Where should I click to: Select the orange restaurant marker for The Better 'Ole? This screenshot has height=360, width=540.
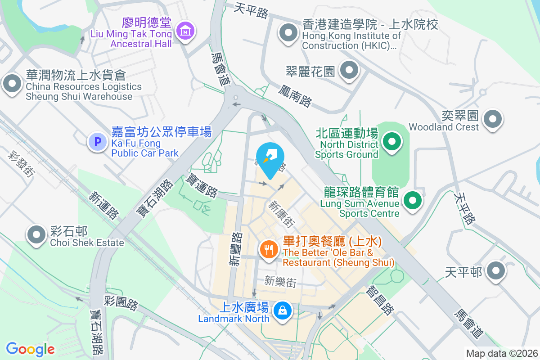tap(269, 249)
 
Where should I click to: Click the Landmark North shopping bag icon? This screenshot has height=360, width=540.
tap(283, 311)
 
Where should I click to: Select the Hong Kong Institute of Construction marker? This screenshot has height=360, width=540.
tap(288, 33)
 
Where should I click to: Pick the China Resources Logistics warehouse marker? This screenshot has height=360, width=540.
tap(12, 84)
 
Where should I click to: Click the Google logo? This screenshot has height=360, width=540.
tap(30, 349)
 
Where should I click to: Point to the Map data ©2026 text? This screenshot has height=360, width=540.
tap(502, 353)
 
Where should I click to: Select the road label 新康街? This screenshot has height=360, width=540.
tap(282, 214)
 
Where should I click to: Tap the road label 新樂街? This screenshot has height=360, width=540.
tap(280, 282)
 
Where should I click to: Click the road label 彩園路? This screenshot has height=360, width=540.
tap(121, 303)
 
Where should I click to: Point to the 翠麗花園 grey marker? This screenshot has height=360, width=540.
tap(349, 70)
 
